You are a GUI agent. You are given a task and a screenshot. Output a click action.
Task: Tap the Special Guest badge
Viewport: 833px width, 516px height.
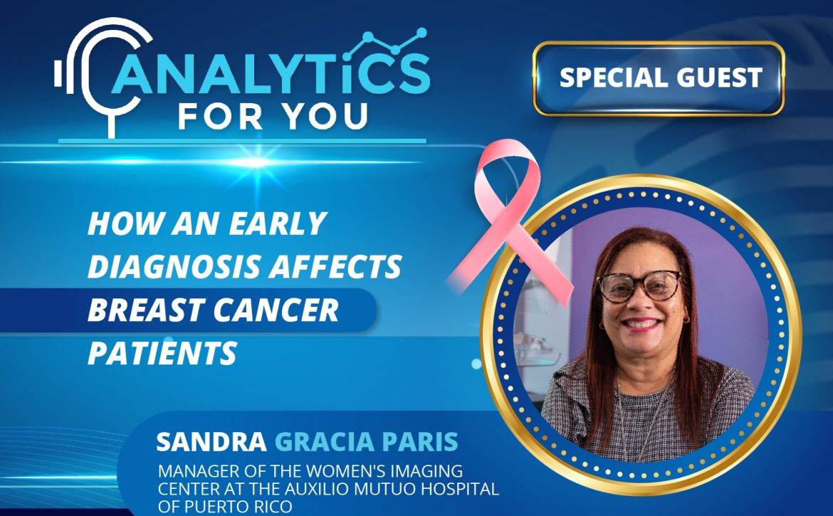[659, 78]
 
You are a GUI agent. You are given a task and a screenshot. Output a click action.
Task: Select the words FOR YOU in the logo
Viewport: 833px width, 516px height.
[273, 116]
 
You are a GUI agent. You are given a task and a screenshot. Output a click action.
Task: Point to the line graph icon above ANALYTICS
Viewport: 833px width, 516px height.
[385, 43]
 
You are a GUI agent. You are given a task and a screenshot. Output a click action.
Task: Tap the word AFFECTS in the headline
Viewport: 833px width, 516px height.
[335, 266]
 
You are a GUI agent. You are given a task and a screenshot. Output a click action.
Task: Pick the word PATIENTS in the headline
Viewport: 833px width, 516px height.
[162, 354]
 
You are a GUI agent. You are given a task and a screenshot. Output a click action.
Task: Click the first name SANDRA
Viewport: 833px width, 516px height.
[211, 442]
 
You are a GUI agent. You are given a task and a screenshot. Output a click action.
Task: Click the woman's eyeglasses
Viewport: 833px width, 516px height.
[639, 285]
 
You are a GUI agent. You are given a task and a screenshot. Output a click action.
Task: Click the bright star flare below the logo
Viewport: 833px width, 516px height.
[256, 162]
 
